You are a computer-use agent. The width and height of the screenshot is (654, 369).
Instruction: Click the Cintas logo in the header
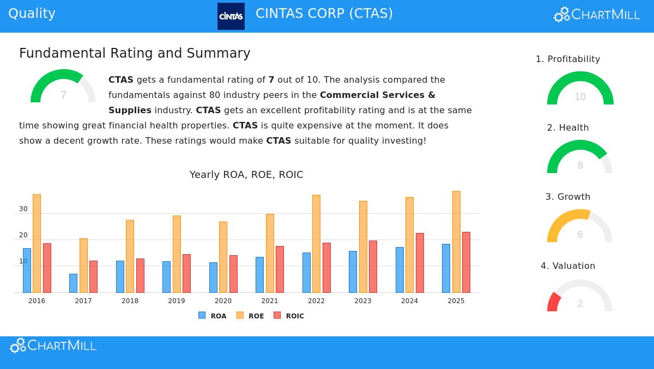231,16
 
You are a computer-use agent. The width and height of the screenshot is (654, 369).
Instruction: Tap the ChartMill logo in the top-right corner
597,15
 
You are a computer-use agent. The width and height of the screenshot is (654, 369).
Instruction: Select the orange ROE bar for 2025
456,242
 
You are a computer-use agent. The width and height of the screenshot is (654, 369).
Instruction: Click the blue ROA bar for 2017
73,283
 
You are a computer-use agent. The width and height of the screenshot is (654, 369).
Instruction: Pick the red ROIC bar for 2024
420,263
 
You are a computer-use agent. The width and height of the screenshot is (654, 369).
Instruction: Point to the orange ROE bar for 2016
37,243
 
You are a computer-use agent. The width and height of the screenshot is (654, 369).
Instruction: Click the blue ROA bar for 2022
306,272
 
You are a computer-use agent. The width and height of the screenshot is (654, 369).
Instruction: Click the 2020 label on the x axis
223,301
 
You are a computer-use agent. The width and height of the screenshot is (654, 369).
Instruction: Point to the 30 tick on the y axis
23,209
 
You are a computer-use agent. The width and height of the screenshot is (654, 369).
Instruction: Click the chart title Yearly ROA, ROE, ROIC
246,175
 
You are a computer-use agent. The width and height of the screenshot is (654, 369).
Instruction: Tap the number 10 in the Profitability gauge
580,97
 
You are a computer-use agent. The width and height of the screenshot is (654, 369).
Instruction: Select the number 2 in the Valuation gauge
580,304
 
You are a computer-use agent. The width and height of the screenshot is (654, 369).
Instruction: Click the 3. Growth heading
568,196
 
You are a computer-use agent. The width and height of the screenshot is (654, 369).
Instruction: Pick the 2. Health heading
568,127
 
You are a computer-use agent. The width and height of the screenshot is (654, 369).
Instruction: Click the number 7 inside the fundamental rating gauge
63,95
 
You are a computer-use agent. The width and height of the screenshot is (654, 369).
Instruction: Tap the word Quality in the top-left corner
32,14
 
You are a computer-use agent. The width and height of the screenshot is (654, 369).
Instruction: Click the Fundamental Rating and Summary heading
135,53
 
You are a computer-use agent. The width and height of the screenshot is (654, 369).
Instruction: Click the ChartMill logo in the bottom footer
53,346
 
